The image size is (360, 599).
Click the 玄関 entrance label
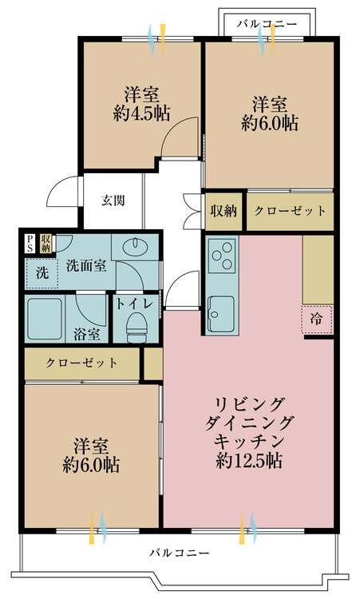[113, 200]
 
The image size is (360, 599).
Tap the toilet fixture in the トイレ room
[137, 327]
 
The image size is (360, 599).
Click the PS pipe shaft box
[30, 243]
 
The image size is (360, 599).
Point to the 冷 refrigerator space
[316, 319]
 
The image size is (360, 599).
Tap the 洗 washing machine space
[42, 273]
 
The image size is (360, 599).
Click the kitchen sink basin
[220, 314]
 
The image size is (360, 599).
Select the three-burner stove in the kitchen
[221, 256]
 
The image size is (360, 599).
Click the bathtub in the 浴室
[45, 319]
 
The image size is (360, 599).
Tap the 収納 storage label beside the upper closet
[224, 211]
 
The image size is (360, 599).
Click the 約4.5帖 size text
[141, 113]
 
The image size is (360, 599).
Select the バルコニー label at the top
[267, 24]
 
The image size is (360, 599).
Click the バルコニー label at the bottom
[179, 553]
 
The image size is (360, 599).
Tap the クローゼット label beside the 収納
[290, 211]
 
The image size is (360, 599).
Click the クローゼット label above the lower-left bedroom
[81, 363]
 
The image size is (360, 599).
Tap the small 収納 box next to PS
[46, 243]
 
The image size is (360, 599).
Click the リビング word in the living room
[249, 405]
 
